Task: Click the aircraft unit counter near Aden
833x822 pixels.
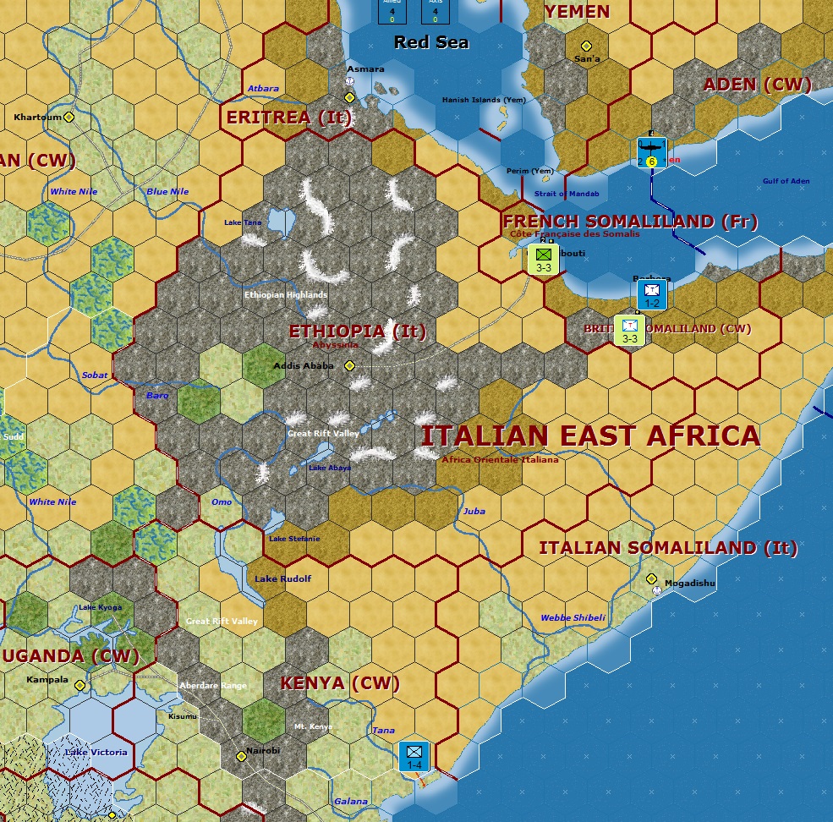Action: [652, 152]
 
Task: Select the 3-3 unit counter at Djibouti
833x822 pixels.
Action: [544, 259]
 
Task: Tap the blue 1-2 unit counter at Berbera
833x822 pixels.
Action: [652, 294]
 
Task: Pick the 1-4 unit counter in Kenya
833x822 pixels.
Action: [414, 756]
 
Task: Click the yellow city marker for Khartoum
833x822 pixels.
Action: [69, 118]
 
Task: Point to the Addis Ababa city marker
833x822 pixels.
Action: [349, 365]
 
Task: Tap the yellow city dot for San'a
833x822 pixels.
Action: [585, 47]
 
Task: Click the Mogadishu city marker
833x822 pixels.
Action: [652, 579]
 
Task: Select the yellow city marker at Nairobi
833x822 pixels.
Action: [241, 757]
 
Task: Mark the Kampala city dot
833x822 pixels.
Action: [79, 685]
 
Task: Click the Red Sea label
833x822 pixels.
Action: [431, 42]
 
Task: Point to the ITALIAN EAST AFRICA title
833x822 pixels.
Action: [590, 436]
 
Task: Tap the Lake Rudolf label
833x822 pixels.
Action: [283, 578]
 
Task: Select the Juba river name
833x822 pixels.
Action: [474, 511]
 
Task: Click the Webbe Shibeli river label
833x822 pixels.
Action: [573, 617]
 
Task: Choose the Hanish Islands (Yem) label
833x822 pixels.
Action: [484, 100]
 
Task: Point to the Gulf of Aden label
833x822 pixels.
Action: [786, 181]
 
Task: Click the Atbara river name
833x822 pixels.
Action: [263, 89]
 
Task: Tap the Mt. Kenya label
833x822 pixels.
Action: [313, 726]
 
